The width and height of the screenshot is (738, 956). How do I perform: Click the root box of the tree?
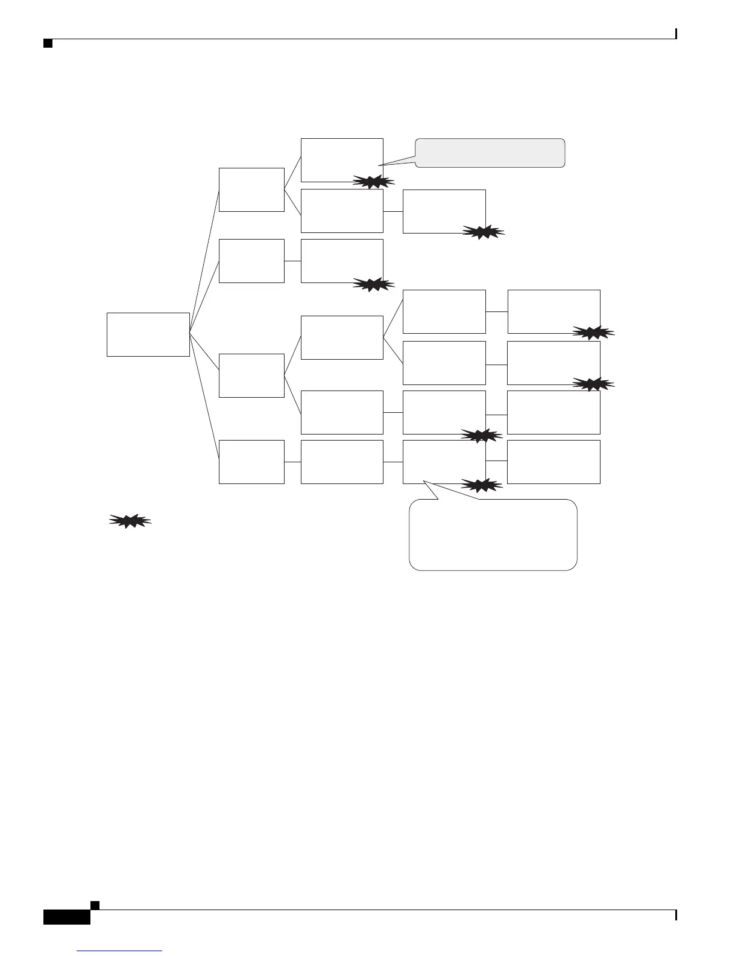click(148, 334)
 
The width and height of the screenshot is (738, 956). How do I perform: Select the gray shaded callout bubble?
click(490, 153)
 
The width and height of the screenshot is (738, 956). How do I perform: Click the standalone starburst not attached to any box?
click(130, 521)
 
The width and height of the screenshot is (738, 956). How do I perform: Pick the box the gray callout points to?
click(342, 159)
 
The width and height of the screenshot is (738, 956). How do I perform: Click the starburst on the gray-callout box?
click(373, 181)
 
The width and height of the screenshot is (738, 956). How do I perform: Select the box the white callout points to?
click(444, 462)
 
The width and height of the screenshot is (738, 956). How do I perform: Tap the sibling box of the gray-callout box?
click(342, 211)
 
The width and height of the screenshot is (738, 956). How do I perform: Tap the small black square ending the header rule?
click(48, 44)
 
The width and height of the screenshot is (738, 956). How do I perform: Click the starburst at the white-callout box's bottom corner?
click(481, 484)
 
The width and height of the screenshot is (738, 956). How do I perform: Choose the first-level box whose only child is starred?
click(251, 261)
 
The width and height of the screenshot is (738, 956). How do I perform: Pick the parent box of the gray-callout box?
click(251, 190)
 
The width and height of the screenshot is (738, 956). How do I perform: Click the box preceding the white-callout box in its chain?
click(342, 462)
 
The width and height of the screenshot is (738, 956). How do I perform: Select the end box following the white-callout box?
click(553, 462)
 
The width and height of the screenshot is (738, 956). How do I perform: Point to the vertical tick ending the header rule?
click(676, 34)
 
